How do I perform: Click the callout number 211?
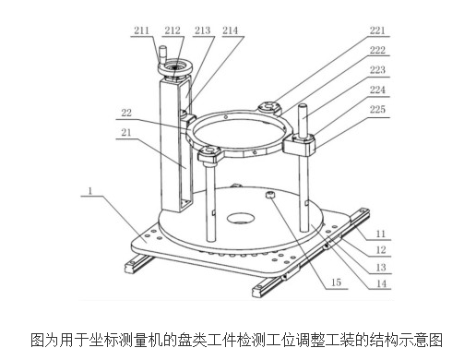pos(141,30)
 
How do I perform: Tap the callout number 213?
pos(202,30)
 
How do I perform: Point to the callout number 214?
pos(229,30)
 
